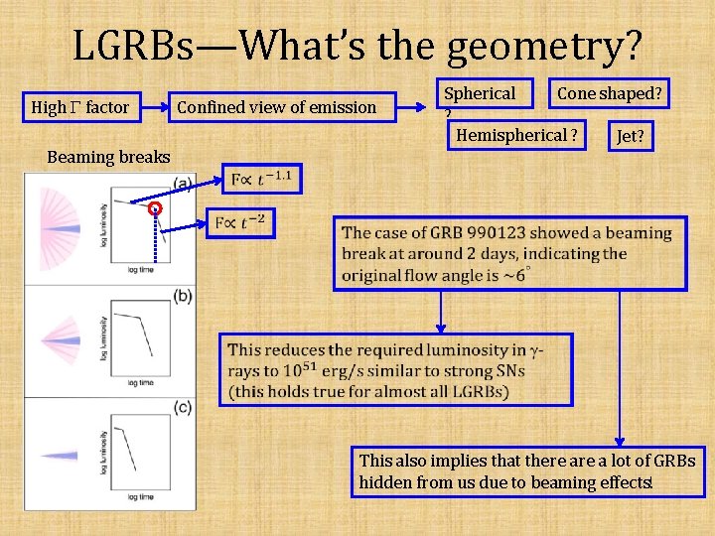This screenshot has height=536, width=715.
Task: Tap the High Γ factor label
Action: [80, 107]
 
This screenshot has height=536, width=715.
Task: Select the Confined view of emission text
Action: [276, 107]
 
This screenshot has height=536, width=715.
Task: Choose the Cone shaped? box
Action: [610, 94]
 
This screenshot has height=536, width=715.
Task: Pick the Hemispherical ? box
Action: [516, 134]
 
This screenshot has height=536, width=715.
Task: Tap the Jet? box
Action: [633, 136]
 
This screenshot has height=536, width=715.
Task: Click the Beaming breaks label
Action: [108, 157]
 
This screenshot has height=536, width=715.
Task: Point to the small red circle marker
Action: [154, 208]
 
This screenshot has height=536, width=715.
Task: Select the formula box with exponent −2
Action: [241, 222]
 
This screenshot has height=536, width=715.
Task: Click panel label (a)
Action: [182, 183]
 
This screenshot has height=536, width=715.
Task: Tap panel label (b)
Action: [182, 296]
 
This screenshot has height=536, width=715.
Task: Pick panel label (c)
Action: [182, 406]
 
